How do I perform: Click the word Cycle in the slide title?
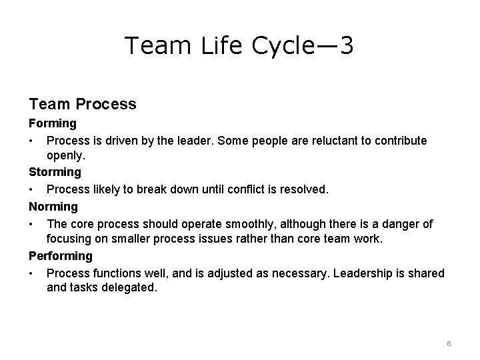(279, 46)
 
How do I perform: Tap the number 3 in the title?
(346, 46)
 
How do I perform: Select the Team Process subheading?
(83, 104)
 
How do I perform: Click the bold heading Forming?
(53, 123)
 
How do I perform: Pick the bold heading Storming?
(55, 172)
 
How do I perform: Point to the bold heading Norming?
(53, 207)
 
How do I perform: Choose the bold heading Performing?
(61, 256)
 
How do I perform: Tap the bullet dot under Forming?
(31, 141)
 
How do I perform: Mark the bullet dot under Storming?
(31, 190)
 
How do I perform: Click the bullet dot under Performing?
(31, 274)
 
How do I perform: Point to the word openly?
(65, 155)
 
